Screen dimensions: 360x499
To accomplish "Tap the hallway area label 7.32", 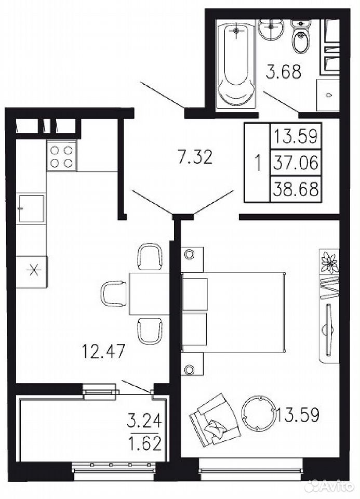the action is pyautogui.click(x=195, y=157).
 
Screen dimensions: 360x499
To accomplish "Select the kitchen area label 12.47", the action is pyautogui.click(x=104, y=351).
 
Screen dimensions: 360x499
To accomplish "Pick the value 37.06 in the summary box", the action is pyautogui.click(x=296, y=163).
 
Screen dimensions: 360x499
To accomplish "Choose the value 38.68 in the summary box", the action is pyautogui.click(x=296, y=190).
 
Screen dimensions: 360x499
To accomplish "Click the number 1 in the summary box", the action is pyautogui.click(x=258, y=163).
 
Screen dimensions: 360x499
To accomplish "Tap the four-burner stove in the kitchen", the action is pyautogui.click(x=62, y=156).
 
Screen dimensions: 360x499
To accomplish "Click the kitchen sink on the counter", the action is pyautogui.click(x=31, y=208).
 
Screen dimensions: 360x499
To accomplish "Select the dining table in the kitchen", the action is pyautogui.click(x=149, y=293).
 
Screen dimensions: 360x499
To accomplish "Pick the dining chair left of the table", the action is pyautogui.click(x=114, y=294).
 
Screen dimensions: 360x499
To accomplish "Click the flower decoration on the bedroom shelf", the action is pyautogui.click(x=329, y=261).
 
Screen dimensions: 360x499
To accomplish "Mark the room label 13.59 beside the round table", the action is pyautogui.click(x=298, y=414).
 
